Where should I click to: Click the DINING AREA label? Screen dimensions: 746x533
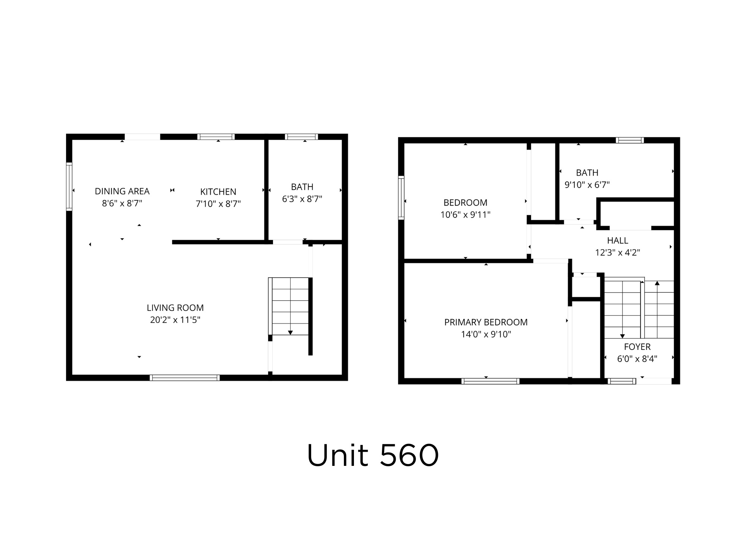pyautogui.click(x=122, y=191)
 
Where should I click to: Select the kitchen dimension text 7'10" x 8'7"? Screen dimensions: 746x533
pyautogui.click(x=218, y=204)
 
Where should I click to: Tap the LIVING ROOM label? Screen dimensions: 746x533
pyautogui.click(x=175, y=308)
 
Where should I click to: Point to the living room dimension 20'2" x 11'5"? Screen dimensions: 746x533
pyautogui.click(x=175, y=320)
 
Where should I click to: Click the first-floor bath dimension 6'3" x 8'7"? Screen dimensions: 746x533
pyautogui.click(x=302, y=199)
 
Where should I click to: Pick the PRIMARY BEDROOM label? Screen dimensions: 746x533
pyautogui.click(x=486, y=322)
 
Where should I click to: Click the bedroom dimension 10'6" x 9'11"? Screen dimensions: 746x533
pyautogui.click(x=465, y=214)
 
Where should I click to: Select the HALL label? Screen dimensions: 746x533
pyautogui.click(x=617, y=241)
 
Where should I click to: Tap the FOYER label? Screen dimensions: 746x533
pyautogui.click(x=637, y=347)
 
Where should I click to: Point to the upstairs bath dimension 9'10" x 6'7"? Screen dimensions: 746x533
pyautogui.click(x=587, y=185)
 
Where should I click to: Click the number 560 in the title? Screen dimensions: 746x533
pyautogui.click(x=410, y=455)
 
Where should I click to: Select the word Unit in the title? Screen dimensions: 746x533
pyautogui.click(x=338, y=455)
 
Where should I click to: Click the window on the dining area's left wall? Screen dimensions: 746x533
pyautogui.click(x=69, y=186)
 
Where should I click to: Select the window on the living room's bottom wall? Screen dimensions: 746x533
pyautogui.click(x=185, y=378)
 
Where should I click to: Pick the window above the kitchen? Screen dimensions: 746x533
pyautogui.click(x=216, y=137)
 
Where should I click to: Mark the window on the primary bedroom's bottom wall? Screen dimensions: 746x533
pyautogui.click(x=490, y=381)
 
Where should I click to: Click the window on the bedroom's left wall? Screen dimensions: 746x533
pyautogui.click(x=401, y=198)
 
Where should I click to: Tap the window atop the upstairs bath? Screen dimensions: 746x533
pyautogui.click(x=630, y=140)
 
